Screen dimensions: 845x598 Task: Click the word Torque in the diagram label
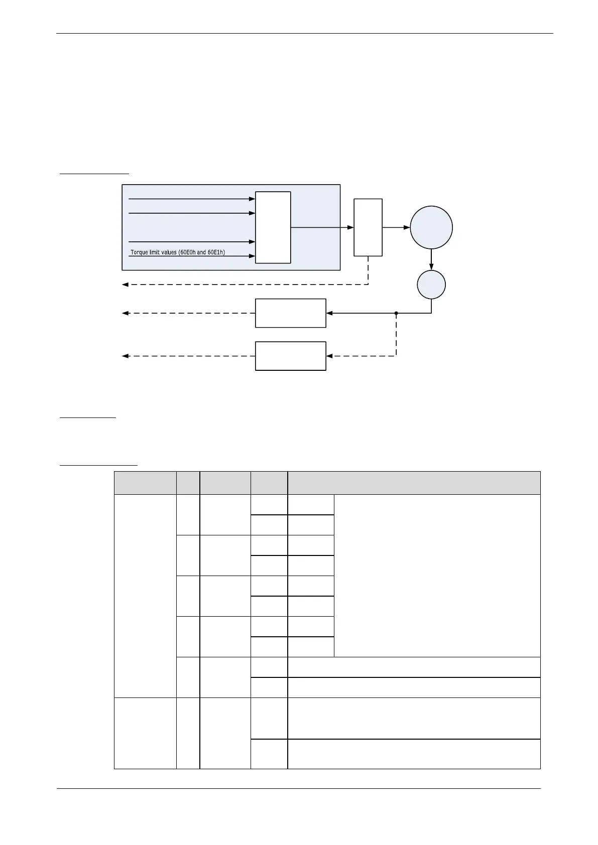point(139,252)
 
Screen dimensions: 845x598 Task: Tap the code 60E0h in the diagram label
point(187,252)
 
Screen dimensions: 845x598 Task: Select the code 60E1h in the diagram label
point(215,252)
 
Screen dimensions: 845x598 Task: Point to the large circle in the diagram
point(431,227)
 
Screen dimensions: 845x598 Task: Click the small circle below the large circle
point(431,285)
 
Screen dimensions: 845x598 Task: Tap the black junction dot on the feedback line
point(396,313)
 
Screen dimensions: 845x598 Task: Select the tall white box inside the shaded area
point(273,227)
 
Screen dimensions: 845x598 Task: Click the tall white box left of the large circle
point(368,227)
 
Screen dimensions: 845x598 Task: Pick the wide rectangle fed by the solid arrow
point(290,313)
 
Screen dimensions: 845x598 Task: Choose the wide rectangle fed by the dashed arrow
point(290,356)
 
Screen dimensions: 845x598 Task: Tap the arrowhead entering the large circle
point(407,227)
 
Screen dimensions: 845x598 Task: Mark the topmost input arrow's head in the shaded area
point(252,199)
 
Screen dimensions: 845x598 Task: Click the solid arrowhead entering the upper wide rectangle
point(329,313)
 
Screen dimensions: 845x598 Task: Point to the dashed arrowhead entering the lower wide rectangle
point(329,356)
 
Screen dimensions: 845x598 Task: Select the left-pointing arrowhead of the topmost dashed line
point(126,285)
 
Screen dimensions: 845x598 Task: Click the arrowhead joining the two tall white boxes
point(350,227)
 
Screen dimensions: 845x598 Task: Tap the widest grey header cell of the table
point(414,483)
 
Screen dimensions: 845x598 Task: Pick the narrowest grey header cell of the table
point(188,483)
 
